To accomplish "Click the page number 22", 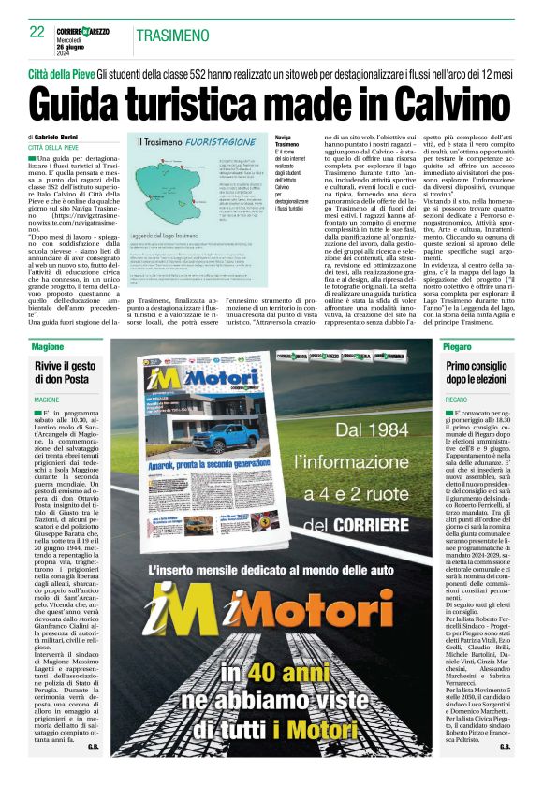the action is [x=37, y=31].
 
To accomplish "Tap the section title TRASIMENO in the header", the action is [x=172, y=36].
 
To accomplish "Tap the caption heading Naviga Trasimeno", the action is [x=287, y=140].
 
